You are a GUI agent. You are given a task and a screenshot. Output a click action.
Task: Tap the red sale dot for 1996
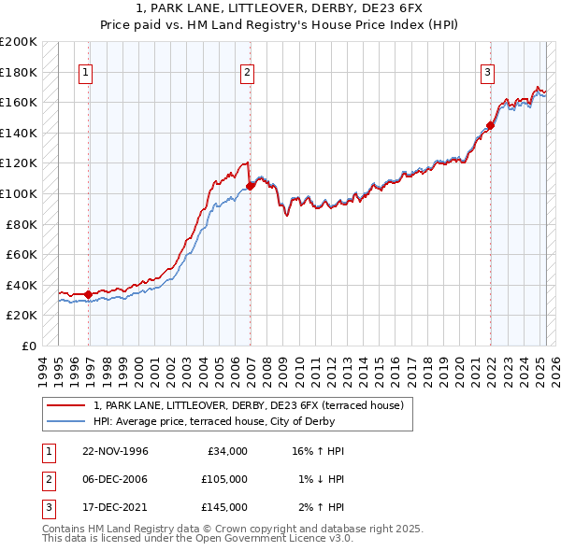89,294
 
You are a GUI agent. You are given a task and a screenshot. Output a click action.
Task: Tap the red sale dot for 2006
251,186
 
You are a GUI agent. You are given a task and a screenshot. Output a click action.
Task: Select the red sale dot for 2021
491,125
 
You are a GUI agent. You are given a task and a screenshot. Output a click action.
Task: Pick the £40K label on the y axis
22,285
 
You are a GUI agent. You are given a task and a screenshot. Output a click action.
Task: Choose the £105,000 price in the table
224,479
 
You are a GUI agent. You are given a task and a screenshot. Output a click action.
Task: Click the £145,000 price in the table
224,507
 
